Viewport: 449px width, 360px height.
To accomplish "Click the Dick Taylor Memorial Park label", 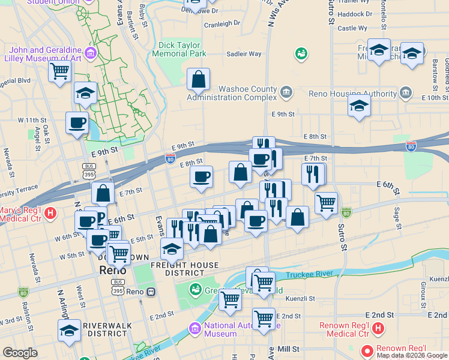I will (x=183, y=49).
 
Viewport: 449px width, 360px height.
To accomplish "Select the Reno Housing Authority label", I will (x=352, y=93).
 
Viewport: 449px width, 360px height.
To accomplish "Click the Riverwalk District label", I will (x=105, y=329).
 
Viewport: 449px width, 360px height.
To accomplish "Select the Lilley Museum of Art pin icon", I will (x=91, y=53).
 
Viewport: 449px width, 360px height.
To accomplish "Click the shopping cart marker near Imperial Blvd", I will (x=60, y=72).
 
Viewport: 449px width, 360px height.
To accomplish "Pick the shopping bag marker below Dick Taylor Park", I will (x=198, y=79).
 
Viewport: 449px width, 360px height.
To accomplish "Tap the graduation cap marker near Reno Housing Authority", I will (x=359, y=106).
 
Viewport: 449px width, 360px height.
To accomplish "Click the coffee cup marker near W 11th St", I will (x=77, y=123).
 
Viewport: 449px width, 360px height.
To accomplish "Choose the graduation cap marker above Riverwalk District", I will (x=69, y=331).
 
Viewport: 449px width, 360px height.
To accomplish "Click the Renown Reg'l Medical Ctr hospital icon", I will (x=378, y=328).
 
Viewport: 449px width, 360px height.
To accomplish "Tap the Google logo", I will (x=20, y=353).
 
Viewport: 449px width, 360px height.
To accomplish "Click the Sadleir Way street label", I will (x=244, y=54).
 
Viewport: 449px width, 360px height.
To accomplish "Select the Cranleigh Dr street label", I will (x=221, y=25).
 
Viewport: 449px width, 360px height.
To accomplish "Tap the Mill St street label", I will (x=288, y=348).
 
